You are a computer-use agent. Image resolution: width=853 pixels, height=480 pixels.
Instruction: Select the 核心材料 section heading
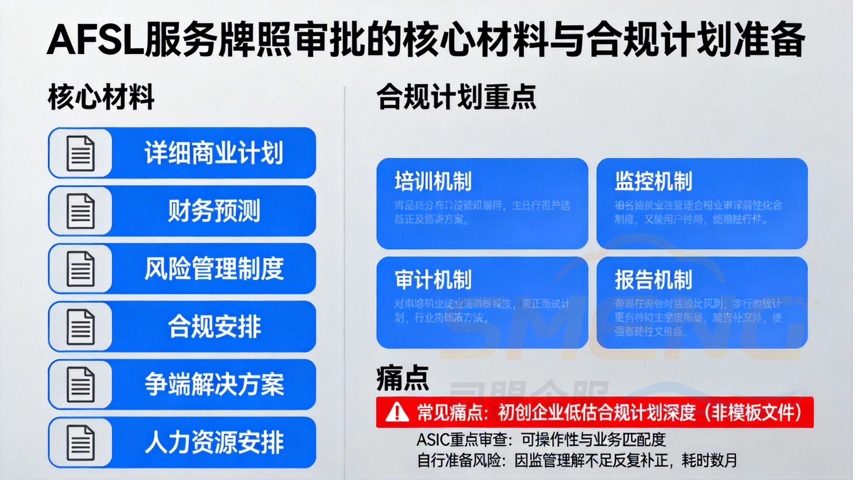(101, 97)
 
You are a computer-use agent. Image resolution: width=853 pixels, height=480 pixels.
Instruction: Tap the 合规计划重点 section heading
(456, 97)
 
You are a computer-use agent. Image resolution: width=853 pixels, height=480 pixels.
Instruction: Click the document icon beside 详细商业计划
(81, 153)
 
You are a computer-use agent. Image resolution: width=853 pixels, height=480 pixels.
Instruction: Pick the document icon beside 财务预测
(81, 211)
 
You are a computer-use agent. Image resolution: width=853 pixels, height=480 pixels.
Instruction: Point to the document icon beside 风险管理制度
(81, 269)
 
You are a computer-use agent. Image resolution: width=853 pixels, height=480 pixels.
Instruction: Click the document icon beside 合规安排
(81, 327)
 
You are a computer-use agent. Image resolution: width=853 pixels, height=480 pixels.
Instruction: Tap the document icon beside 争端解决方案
(81, 384)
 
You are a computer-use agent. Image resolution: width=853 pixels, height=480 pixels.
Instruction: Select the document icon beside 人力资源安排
(81, 442)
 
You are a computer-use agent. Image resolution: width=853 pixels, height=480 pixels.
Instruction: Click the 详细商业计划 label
(214, 153)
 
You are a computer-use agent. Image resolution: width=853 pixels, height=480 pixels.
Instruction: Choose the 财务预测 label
(214, 211)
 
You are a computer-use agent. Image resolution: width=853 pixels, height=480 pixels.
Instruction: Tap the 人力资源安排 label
(214, 442)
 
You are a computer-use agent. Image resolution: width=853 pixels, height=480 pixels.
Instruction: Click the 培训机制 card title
(433, 181)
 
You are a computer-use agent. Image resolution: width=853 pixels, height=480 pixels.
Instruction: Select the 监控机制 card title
(653, 181)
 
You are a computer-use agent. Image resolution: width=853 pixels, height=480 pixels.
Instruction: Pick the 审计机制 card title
(433, 280)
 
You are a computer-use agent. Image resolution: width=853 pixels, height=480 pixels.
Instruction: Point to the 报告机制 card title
(653, 280)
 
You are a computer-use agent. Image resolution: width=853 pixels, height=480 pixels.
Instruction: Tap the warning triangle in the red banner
(397, 412)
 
